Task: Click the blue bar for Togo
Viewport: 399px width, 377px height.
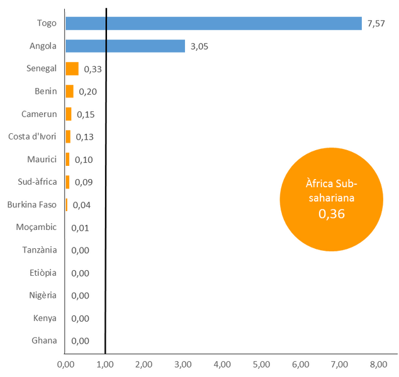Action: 213,23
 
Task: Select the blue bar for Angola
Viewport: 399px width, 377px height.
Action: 125,46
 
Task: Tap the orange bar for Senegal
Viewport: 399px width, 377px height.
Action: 72,68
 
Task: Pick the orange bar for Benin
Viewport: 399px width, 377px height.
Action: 69,91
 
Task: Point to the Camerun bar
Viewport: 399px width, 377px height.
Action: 69,114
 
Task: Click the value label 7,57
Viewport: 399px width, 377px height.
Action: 376,23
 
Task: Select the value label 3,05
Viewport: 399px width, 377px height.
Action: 199,46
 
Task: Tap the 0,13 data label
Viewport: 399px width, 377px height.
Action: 85,137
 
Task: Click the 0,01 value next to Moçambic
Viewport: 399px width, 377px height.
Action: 80,228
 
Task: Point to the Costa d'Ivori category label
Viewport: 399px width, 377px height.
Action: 32,136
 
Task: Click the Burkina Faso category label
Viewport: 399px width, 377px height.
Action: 32,204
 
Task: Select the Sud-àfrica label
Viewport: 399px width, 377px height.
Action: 37,182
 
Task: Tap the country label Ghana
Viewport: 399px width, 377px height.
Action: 44,341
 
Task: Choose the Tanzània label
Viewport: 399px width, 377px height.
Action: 40,249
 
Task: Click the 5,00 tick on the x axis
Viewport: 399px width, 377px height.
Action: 261,364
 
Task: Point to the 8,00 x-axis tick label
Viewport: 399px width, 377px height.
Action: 379,364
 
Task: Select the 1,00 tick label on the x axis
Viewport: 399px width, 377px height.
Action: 105,364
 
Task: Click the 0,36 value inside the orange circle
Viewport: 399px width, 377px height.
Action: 332,214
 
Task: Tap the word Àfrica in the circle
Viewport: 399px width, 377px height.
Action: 319,183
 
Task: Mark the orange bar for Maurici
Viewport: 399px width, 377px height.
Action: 67,160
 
